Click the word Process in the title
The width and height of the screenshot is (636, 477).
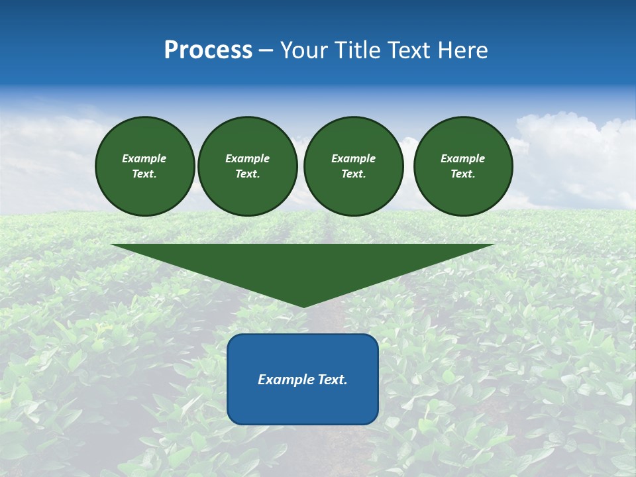pyautogui.click(x=208, y=50)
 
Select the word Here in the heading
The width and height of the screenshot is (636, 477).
pyautogui.click(x=463, y=50)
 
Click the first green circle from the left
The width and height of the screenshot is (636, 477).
pyautogui.click(x=145, y=166)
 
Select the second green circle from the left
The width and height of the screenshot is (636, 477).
pyautogui.click(x=248, y=166)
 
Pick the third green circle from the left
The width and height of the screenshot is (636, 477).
pyautogui.click(x=354, y=166)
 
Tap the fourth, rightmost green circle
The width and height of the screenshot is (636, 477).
pyautogui.click(x=463, y=166)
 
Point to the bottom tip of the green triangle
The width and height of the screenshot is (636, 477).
pyautogui.click(x=303, y=306)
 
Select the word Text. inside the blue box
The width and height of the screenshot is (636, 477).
pyautogui.click(x=333, y=380)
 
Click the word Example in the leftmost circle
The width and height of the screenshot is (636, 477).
pyautogui.click(x=144, y=158)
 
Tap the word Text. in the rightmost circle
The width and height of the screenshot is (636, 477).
pyautogui.click(x=463, y=174)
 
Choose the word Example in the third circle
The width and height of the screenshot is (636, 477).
pyautogui.click(x=354, y=158)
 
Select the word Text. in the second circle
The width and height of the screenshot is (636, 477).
pyautogui.click(x=248, y=174)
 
